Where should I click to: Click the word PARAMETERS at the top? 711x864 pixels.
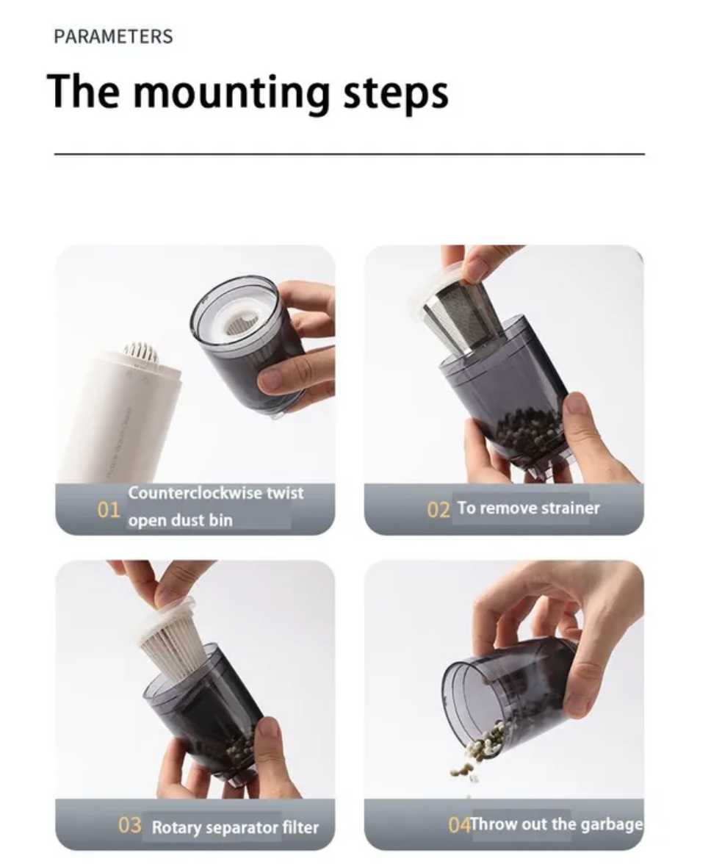pyautogui.click(x=113, y=37)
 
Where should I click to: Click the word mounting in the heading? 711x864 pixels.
pyautogui.click(x=234, y=92)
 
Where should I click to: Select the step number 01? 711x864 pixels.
pyautogui.click(x=109, y=510)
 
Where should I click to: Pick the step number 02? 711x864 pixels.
pyautogui.click(x=438, y=510)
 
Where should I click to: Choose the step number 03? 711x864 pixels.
pyautogui.click(x=130, y=825)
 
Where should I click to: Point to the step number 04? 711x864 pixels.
pyautogui.click(x=459, y=825)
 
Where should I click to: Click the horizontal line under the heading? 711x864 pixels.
pyautogui.click(x=349, y=154)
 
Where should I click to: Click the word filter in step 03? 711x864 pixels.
pyautogui.click(x=300, y=827)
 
